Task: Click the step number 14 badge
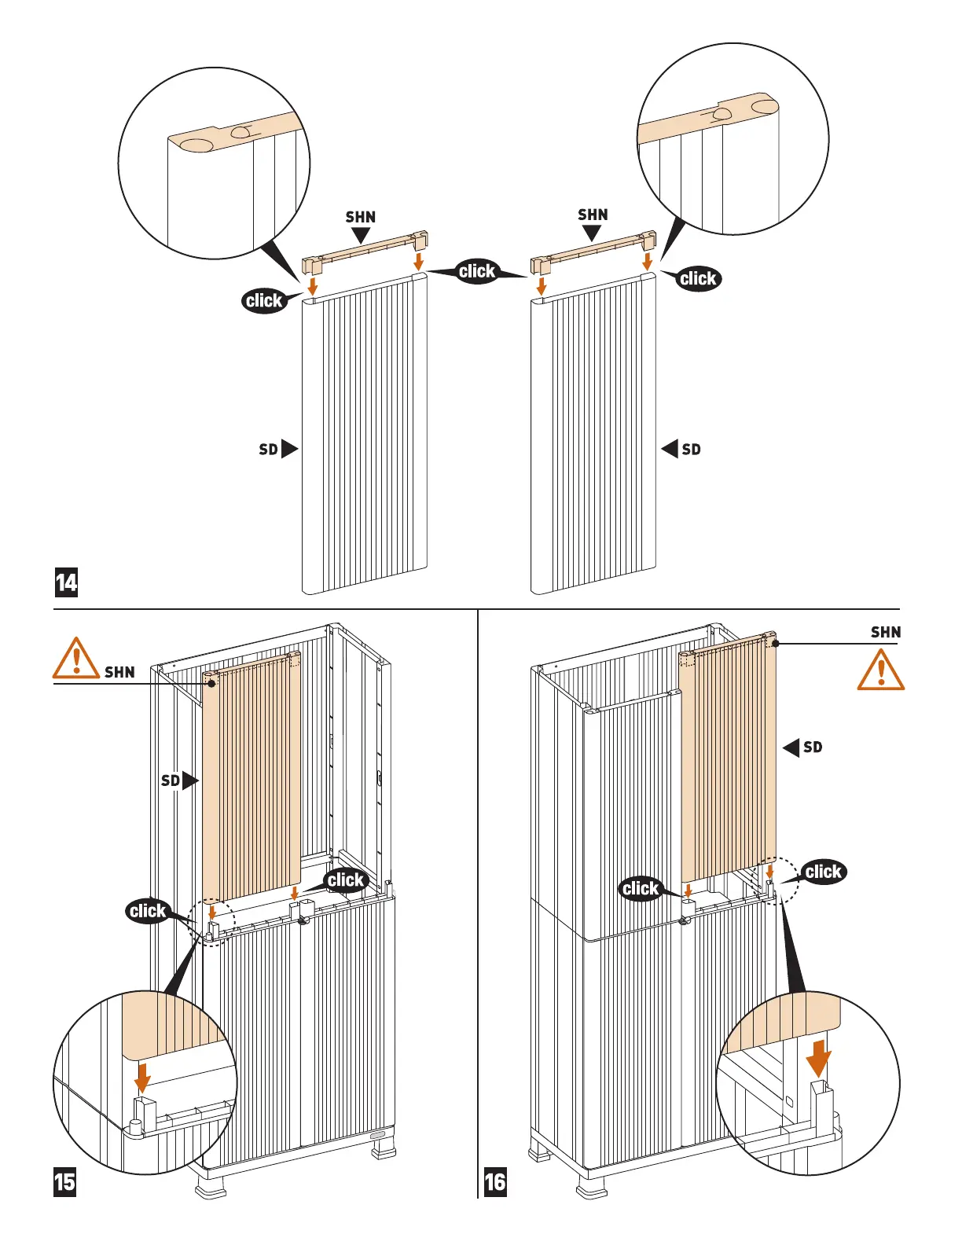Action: click(x=67, y=582)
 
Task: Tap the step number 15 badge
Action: click(x=65, y=1181)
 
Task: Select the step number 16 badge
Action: click(x=495, y=1181)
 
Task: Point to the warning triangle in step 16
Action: click(x=880, y=670)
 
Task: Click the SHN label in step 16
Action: click(x=886, y=632)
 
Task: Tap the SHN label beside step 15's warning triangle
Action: click(x=119, y=672)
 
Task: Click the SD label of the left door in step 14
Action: click(x=269, y=449)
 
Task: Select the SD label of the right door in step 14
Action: click(x=691, y=449)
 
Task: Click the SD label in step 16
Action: click(x=813, y=747)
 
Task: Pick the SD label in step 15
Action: click(x=171, y=780)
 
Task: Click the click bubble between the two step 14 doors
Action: click(x=477, y=271)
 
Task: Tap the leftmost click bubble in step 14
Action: click(x=264, y=300)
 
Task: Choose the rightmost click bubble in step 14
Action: click(x=698, y=278)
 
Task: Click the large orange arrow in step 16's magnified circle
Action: click(x=819, y=1058)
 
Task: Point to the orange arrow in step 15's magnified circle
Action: click(x=142, y=1078)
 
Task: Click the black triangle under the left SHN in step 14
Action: click(x=361, y=235)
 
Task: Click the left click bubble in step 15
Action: click(x=148, y=911)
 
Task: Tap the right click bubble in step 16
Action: click(x=824, y=872)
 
